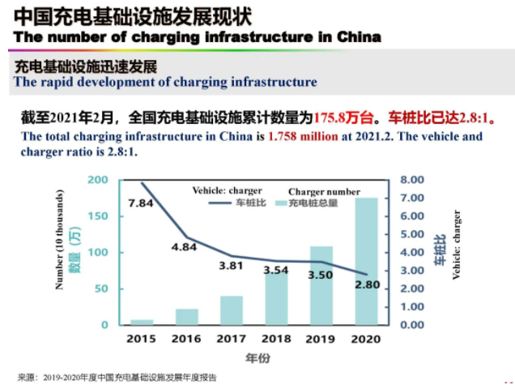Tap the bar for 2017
(232, 310)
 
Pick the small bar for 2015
(142, 322)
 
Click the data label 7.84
(140, 203)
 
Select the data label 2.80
(367, 284)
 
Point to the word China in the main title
(361, 37)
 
